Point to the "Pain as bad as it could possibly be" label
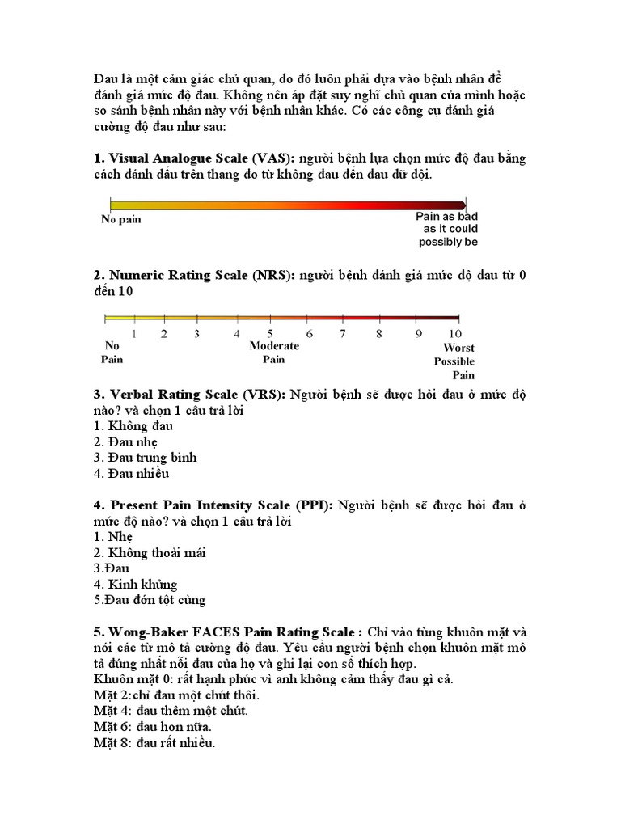pyautogui.click(x=446, y=229)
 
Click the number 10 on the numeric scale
pyautogui.click(x=454, y=332)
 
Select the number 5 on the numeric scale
pyautogui.click(x=271, y=332)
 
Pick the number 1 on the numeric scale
pyautogui.click(x=133, y=332)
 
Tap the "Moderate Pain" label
pyautogui.click(x=274, y=352)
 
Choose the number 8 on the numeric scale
pyautogui.click(x=378, y=332)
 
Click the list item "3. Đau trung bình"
pyautogui.click(x=145, y=458)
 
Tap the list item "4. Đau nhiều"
pyautogui.click(x=131, y=474)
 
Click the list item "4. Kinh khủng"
pyautogui.click(x=135, y=584)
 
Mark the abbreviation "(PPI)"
pyautogui.click(x=315, y=505)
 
